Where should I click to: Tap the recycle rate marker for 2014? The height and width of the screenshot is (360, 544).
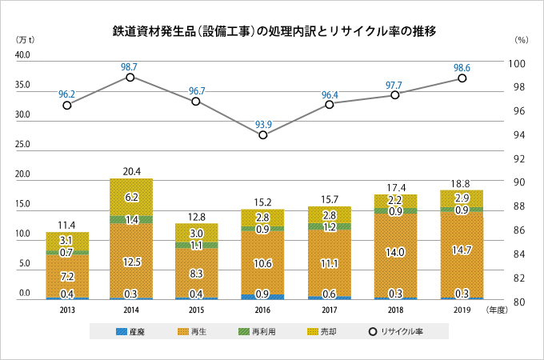pyautogui.click(x=130, y=77)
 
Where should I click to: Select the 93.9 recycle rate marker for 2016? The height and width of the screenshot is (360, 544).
pyautogui.click(x=263, y=135)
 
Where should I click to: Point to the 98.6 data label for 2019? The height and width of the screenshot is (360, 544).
pyautogui.click(x=462, y=66)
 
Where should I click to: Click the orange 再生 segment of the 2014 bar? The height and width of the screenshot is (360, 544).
pyautogui.click(x=130, y=260)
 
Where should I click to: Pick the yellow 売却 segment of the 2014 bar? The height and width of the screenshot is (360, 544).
pyautogui.click(x=130, y=197)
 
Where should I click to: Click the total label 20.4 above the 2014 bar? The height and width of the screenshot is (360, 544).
pyautogui.click(x=130, y=171)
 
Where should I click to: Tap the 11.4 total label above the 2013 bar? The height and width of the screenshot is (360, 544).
pyautogui.click(x=67, y=225)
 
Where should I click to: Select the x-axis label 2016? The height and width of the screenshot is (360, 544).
pyautogui.click(x=263, y=310)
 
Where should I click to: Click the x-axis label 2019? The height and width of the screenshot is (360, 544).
pyautogui.click(x=462, y=310)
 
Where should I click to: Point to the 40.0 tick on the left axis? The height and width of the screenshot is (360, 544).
pyautogui.click(x=22, y=55)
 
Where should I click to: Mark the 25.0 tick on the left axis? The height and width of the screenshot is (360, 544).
pyautogui.click(x=22, y=145)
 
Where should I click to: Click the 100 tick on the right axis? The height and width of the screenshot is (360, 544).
pyautogui.click(x=521, y=63)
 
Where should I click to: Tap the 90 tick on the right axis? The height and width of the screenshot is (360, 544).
pyautogui.click(x=521, y=182)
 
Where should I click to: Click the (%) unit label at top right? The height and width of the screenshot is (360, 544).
pyautogui.click(x=522, y=39)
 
